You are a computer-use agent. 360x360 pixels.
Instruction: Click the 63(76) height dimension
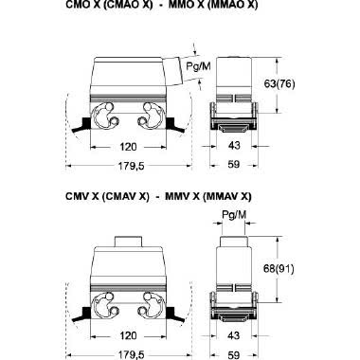click(279, 84)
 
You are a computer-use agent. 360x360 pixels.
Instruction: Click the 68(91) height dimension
click(279, 269)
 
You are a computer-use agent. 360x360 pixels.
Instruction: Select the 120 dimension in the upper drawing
click(128, 147)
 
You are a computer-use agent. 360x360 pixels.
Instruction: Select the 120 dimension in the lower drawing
click(128, 335)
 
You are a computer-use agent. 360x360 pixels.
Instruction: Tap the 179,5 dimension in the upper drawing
click(131, 166)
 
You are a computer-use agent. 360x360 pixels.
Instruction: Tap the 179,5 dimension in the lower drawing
click(131, 354)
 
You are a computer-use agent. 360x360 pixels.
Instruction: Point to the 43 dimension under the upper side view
click(234, 146)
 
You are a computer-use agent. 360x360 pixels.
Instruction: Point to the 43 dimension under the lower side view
click(234, 335)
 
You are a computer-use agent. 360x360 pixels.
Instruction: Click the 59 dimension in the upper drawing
click(234, 165)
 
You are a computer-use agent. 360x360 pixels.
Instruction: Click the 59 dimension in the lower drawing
click(234, 355)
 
